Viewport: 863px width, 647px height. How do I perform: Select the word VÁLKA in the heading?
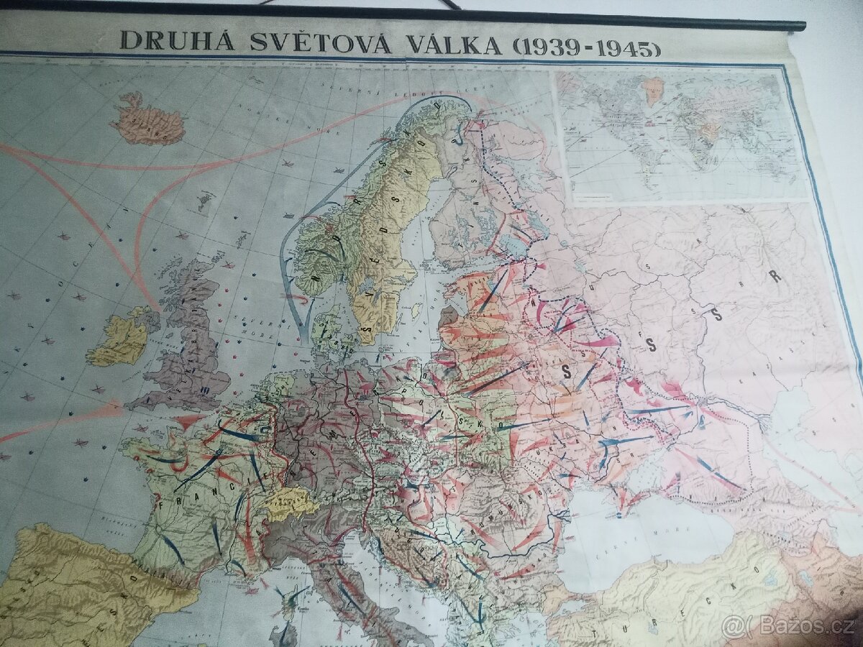[452, 45]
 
